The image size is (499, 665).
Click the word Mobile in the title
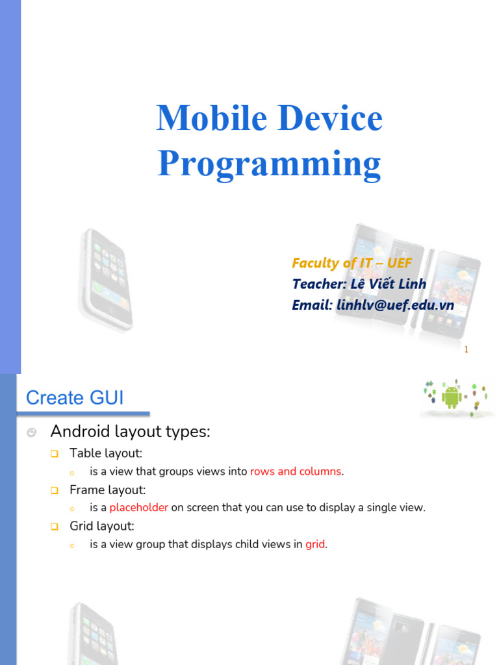(212, 118)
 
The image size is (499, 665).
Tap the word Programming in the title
(270, 164)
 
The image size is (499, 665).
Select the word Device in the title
(331, 118)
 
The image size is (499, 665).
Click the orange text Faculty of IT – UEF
(352, 263)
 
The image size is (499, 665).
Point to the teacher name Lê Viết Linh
(389, 284)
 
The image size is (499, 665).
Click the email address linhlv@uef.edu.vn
(395, 305)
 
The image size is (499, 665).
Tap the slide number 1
(466, 349)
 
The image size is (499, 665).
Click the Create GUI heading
(75, 398)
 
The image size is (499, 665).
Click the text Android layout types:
(130, 432)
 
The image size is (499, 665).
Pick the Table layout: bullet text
(106, 453)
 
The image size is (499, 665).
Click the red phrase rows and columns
(296, 471)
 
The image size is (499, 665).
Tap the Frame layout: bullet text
(107, 490)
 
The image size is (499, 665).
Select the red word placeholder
(139, 508)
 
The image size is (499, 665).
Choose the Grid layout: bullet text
(102, 526)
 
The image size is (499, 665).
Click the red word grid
(315, 544)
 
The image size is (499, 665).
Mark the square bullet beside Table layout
(55, 454)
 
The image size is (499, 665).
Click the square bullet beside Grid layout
(55, 527)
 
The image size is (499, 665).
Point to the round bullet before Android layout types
(31, 432)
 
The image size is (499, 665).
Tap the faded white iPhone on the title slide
(105, 279)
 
